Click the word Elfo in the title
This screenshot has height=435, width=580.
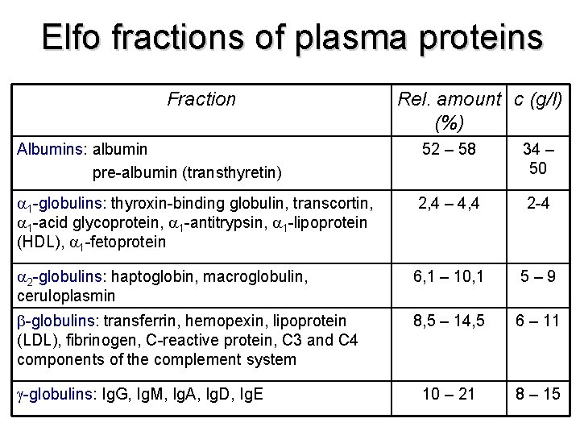tap(73, 38)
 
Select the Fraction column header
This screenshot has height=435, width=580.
tap(201, 99)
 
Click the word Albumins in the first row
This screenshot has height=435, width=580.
tap(52, 149)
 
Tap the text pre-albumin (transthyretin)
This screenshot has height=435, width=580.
tap(187, 172)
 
